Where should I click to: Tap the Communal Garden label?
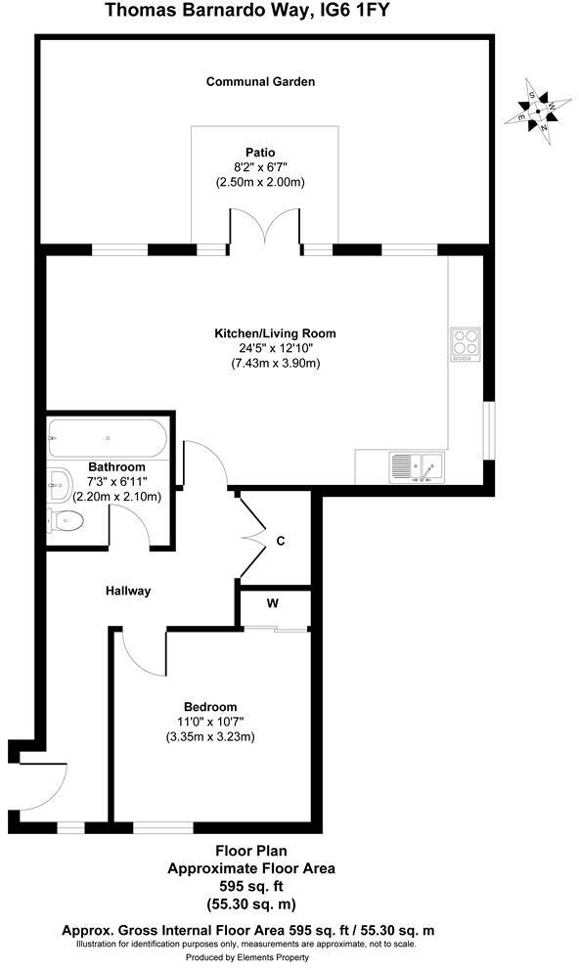(x=260, y=82)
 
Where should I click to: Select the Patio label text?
(x=260, y=152)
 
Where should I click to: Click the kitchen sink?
(x=416, y=466)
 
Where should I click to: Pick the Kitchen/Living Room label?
(x=275, y=333)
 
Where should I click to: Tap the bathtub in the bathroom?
(x=107, y=436)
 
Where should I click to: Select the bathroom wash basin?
(x=58, y=480)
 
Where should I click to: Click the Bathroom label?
(x=117, y=467)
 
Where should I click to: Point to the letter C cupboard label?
(x=281, y=541)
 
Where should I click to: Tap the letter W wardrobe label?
(x=273, y=603)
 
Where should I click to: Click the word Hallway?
(x=128, y=591)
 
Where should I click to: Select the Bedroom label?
(x=210, y=707)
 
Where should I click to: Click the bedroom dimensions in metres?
(x=210, y=737)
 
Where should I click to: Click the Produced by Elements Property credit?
(x=248, y=956)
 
